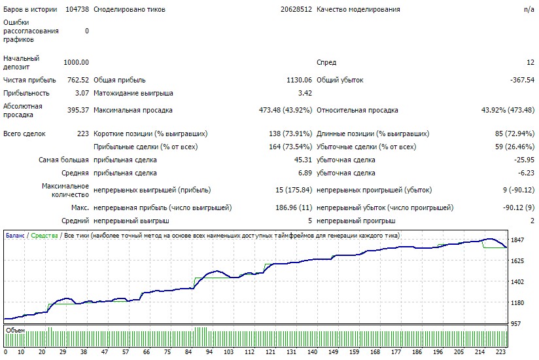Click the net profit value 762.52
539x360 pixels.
click(x=78, y=80)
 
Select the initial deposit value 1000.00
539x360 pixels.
click(x=76, y=62)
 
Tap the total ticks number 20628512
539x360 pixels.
click(x=296, y=9)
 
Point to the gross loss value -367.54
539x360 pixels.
click(x=522, y=80)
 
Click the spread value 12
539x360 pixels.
click(x=530, y=62)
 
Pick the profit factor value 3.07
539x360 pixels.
click(x=82, y=93)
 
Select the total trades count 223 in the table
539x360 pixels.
click(x=83, y=134)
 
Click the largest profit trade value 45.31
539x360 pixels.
click(x=303, y=160)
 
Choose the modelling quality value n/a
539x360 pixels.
click(x=529, y=9)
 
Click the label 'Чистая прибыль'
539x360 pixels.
click(x=29, y=80)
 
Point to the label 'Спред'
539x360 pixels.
click(x=326, y=63)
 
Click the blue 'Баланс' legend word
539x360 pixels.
click(x=15, y=236)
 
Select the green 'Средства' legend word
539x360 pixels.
click(x=44, y=236)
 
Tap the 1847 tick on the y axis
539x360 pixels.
click(x=517, y=240)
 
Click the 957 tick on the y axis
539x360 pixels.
click(x=515, y=323)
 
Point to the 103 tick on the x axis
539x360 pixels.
click(x=228, y=351)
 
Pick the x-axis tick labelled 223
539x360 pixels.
click(x=500, y=351)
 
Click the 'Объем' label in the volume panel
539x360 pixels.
click(x=16, y=331)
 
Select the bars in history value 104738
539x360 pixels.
click(x=77, y=9)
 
